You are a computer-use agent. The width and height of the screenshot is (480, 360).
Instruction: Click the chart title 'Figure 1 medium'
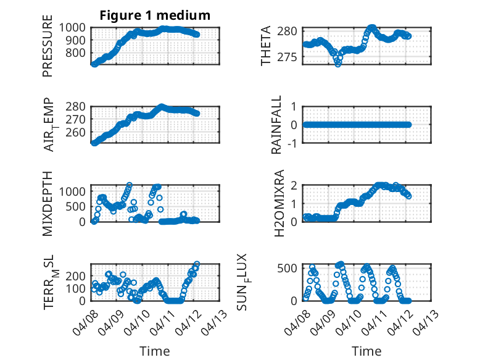coord(155,15)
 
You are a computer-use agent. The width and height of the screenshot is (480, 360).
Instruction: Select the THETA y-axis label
coord(266,46)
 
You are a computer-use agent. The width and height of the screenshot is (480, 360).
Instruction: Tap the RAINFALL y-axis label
coord(277,124)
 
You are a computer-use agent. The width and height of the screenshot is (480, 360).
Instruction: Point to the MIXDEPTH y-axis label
coord(48,203)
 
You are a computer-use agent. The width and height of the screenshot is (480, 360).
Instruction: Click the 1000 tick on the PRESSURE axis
coord(75,28)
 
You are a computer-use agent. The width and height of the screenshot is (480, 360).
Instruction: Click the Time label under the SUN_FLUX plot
coord(366,351)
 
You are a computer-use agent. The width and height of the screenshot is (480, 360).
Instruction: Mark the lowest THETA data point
coord(338,64)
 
